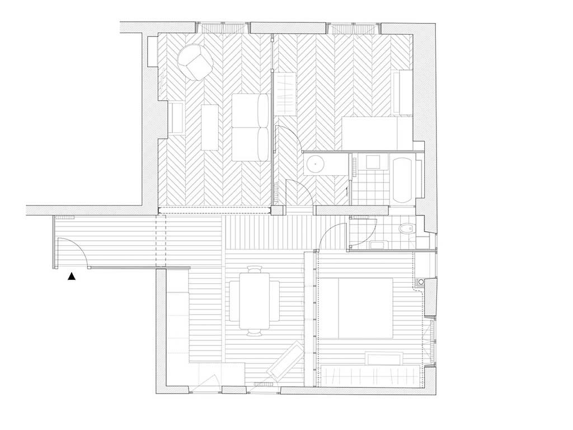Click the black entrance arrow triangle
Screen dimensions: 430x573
tap(72, 275)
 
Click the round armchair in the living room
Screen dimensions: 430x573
tap(195, 62)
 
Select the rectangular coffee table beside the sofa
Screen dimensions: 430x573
tap(209, 127)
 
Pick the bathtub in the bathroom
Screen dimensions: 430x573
tap(403, 180)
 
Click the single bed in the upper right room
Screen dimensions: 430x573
tap(377, 133)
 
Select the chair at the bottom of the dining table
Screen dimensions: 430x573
tap(255, 332)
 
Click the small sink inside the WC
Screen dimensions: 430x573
tap(379, 244)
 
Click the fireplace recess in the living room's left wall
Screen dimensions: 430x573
tap(176, 118)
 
